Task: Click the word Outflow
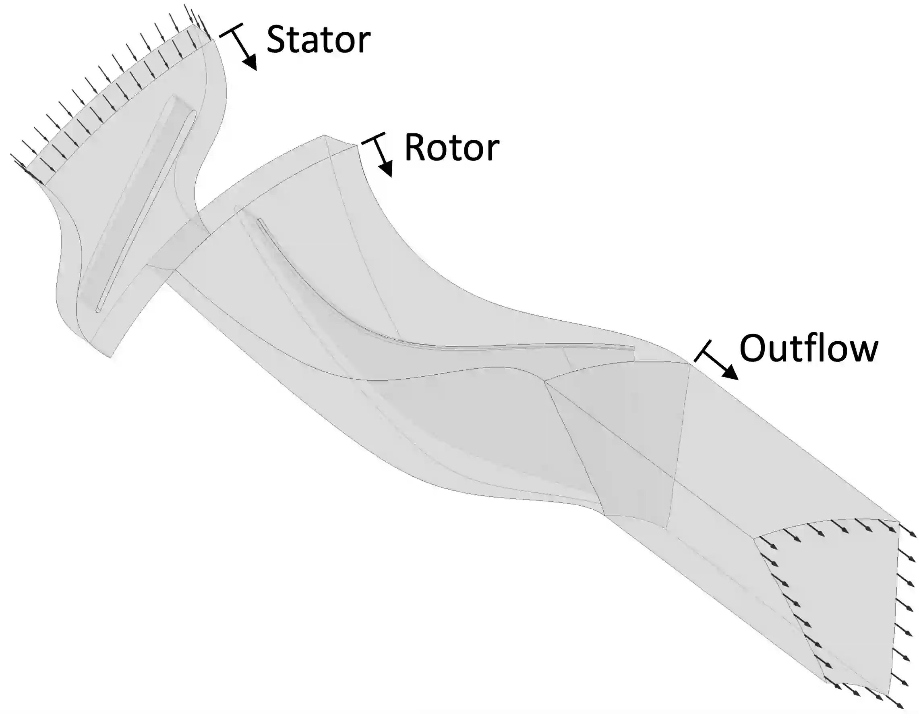coord(808,348)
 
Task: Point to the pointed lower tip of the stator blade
coord(97,311)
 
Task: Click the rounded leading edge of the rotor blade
coord(259,220)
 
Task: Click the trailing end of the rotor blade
coord(633,348)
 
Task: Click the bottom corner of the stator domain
coord(110,357)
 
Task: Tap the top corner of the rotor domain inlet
coord(325,135)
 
